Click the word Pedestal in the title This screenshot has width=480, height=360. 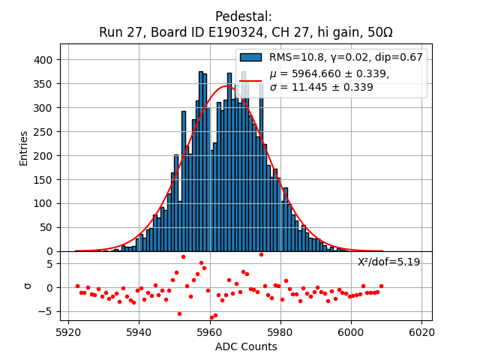[x=243, y=16]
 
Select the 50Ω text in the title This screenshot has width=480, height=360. [x=376, y=32]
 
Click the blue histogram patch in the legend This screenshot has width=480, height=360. [x=250, y=57]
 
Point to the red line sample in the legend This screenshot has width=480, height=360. [x=250, y=79]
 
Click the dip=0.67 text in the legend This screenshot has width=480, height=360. [x=399, y=57]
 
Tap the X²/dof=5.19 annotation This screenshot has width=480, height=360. [x=388, y=262]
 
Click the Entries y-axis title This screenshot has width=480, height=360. [x=24, y=148]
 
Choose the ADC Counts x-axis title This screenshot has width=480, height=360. [x=246, y=346]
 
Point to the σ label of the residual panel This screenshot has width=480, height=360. [x=28, y=286]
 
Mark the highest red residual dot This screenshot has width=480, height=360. [x=261, y=254]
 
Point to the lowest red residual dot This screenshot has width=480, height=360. [x=211, y=317]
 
